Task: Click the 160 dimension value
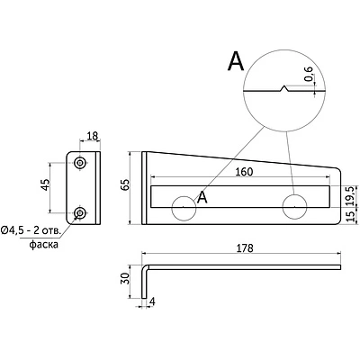[244, 172]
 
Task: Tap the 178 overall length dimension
[245, 248]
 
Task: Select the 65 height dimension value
[125, 184]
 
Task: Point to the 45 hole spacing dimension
[45, 184]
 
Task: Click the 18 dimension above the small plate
[93, 136]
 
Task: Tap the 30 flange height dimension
[125, 279]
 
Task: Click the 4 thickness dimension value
[152, 302]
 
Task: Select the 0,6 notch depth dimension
[309, 74]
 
